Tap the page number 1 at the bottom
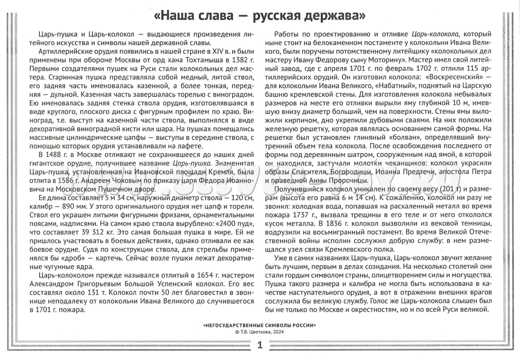(260, 346)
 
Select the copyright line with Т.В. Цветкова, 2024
(260, 332)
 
